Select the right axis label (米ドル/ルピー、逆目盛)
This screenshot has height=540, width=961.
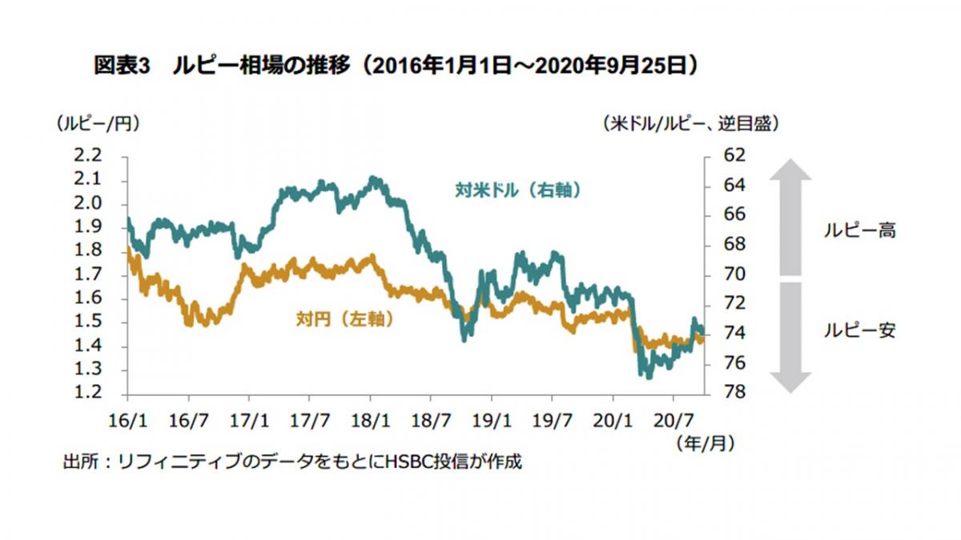pos(691,124)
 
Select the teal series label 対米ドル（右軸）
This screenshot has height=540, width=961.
pos(517,190)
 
